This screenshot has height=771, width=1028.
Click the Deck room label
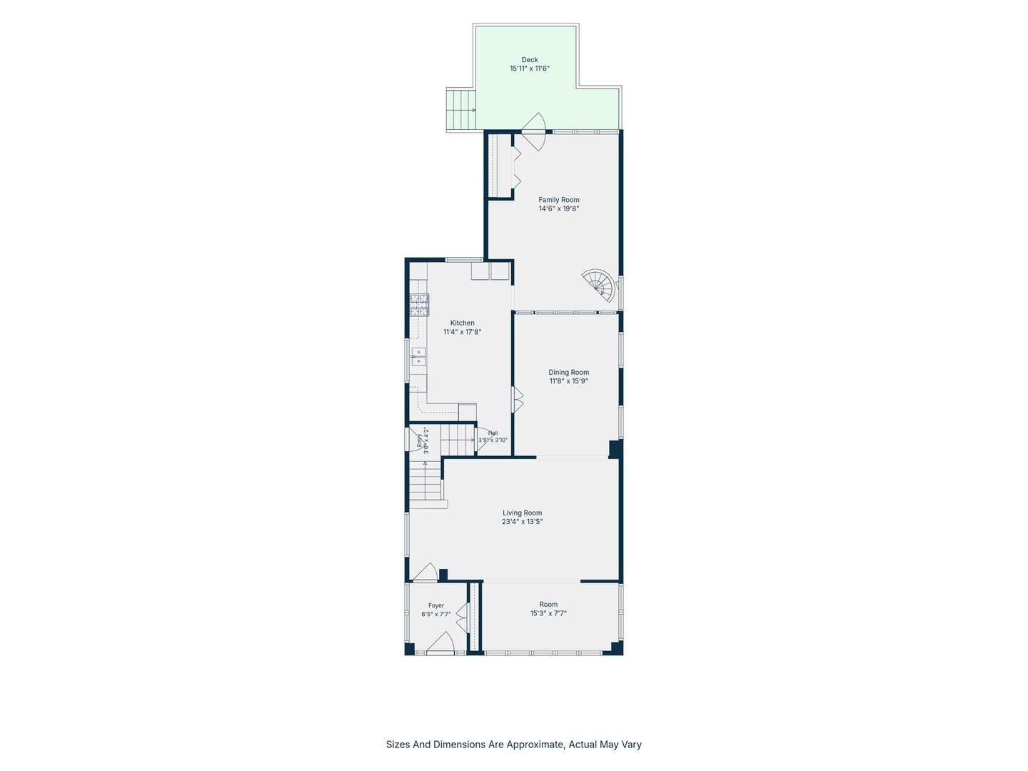pos(530,59)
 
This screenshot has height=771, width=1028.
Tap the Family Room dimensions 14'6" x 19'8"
pos(559,208)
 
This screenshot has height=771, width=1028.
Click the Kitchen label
pos(463,323)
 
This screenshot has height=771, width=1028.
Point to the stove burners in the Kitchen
pos(420,305)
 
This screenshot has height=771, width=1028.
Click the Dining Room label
pos(568,372)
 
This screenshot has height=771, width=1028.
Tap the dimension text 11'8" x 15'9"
pos(568,381)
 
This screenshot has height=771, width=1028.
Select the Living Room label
pos(522,513)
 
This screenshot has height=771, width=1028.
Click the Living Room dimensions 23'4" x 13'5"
pos(522,521)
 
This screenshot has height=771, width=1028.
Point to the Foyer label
pos(436,605)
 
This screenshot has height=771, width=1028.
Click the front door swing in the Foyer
pos(440,642)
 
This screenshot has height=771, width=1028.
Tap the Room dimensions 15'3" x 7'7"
pos(548,613)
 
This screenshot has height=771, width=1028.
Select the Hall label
pos(493,433)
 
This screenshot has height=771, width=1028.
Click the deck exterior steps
pos(461,111)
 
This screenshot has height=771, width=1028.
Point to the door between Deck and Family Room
pos(533,132)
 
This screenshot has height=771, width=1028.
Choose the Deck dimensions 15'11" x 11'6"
pos(530,69)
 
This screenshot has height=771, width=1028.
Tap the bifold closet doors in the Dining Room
pos(517,399)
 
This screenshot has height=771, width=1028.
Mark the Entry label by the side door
pos(419,440)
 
